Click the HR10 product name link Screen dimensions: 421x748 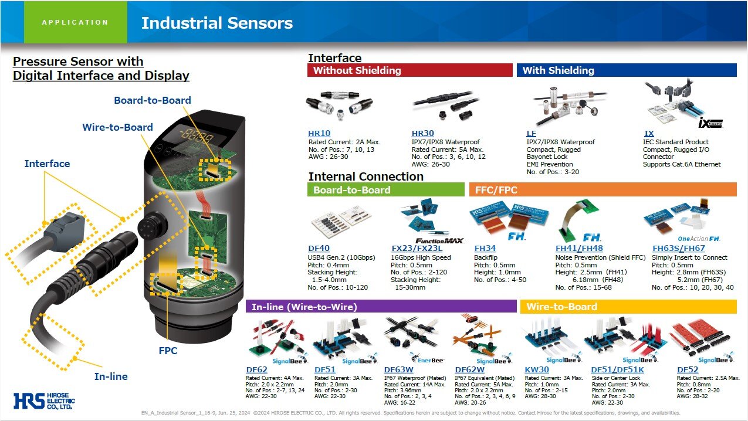click(319, 134)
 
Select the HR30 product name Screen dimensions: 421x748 click(423, 134)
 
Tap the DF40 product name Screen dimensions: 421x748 click(319, 248)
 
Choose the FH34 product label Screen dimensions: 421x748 click(485, 248)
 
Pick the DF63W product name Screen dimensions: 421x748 click(399, 370)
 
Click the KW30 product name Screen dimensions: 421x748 click(537, 370)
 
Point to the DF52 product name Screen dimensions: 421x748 click(688, 370)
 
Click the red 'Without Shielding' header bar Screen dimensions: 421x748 click(409, 70)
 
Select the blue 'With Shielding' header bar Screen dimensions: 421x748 click(626, 70)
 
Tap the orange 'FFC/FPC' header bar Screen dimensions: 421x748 click(602, 189)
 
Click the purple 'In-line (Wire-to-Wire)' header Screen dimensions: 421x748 click(381, 306)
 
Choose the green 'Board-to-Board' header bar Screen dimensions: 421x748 click(385, 189)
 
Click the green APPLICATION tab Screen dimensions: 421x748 click(75, 22)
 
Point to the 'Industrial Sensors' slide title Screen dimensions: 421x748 click(217, 23)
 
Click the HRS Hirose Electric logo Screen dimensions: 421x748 click(45, 400)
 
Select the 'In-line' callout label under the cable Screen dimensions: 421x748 click(111, 376)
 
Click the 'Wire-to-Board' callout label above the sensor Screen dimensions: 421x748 click(117, 127)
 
